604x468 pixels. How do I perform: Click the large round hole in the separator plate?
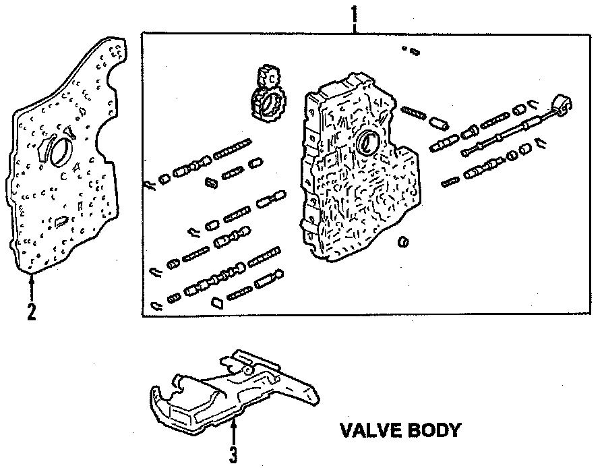[57, 150]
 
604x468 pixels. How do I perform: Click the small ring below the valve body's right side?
[404, 241]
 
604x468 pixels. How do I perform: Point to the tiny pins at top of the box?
[411, 50]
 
